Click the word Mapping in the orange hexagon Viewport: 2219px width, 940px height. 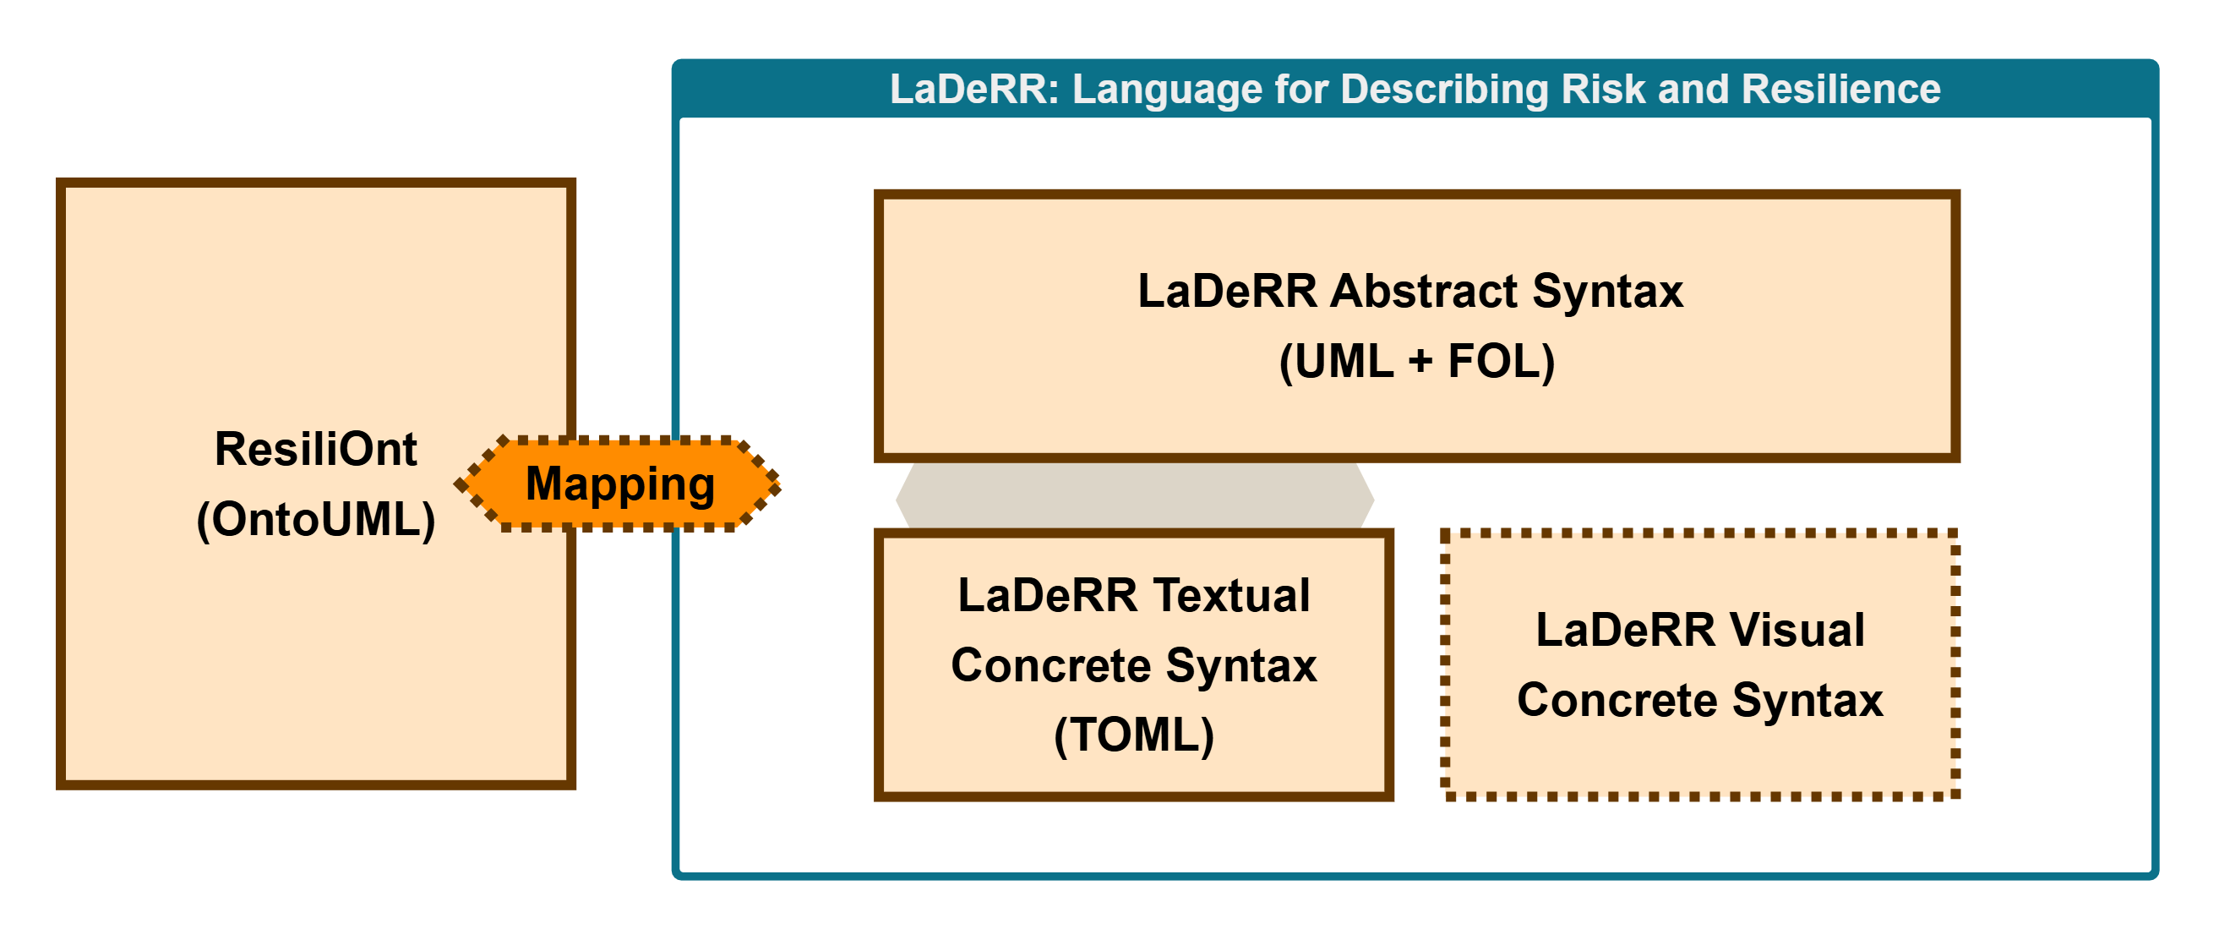(620, 484)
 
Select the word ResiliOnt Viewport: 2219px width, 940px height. (315, 449)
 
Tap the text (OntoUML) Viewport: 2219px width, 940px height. (315, 520)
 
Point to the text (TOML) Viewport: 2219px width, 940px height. (1134, 735)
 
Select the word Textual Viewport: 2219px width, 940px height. (1232, 595)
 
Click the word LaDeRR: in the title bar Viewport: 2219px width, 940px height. (974, 90)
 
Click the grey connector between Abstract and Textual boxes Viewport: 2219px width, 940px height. (1134, 497)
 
